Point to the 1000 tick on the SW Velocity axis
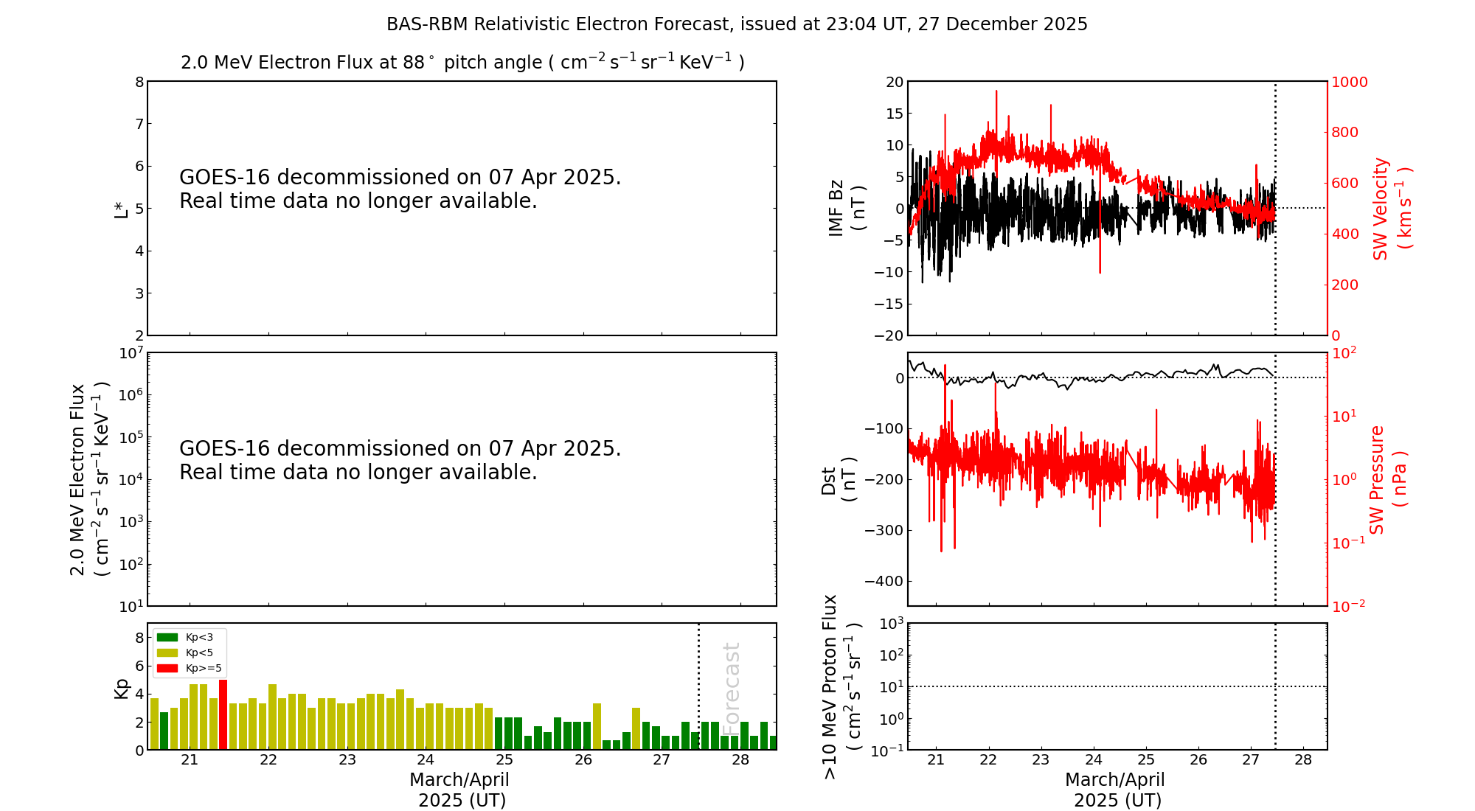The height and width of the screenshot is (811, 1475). pos(1349,82)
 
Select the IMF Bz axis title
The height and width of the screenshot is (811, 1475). pos(847,208)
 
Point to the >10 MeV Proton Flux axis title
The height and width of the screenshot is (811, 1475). pos(841,686)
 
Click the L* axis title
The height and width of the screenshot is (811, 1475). pos(122,209)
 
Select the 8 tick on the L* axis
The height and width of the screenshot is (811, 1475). pos(139,82)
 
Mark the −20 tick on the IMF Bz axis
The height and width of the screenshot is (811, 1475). pos(889,335)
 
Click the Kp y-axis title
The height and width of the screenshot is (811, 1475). pos(122,688)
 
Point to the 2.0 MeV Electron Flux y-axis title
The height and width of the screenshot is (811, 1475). pos(88,479)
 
